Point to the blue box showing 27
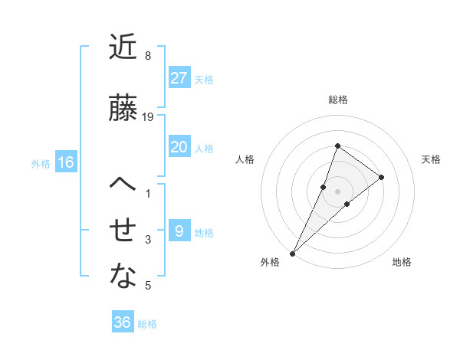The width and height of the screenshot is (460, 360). [x=179, y=78]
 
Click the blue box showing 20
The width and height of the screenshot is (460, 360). [x=179, y=147]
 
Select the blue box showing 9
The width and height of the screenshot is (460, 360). [x=179, y=231]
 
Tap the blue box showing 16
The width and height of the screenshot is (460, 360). [x=66, y=162]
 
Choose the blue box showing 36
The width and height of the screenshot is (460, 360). [x=123, y=322]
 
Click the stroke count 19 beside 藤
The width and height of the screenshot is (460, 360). [x=149, y=116]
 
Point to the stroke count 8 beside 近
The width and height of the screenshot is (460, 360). [x=148, y=56]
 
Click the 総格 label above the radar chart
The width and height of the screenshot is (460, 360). [x=337, y=100]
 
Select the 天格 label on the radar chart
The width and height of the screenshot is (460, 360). [x=432, y=159]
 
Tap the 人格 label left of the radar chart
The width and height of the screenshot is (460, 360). [x=245, y=159]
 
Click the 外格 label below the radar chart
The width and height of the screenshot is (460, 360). [x=270, y=262]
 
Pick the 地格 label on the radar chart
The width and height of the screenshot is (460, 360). [x=402, y=262]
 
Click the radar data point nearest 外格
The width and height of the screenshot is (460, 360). [x=292, y=253]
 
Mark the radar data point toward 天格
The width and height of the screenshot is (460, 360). [x=381, y=177]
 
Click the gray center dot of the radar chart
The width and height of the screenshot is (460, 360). [x=337, y=191]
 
